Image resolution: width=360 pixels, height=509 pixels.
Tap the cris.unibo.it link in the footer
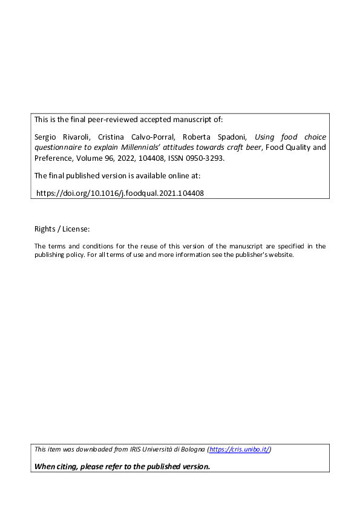pyautogui.click(x=240, y=449)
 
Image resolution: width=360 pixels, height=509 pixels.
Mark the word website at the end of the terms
pyautogui.click(x=279, y=254)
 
